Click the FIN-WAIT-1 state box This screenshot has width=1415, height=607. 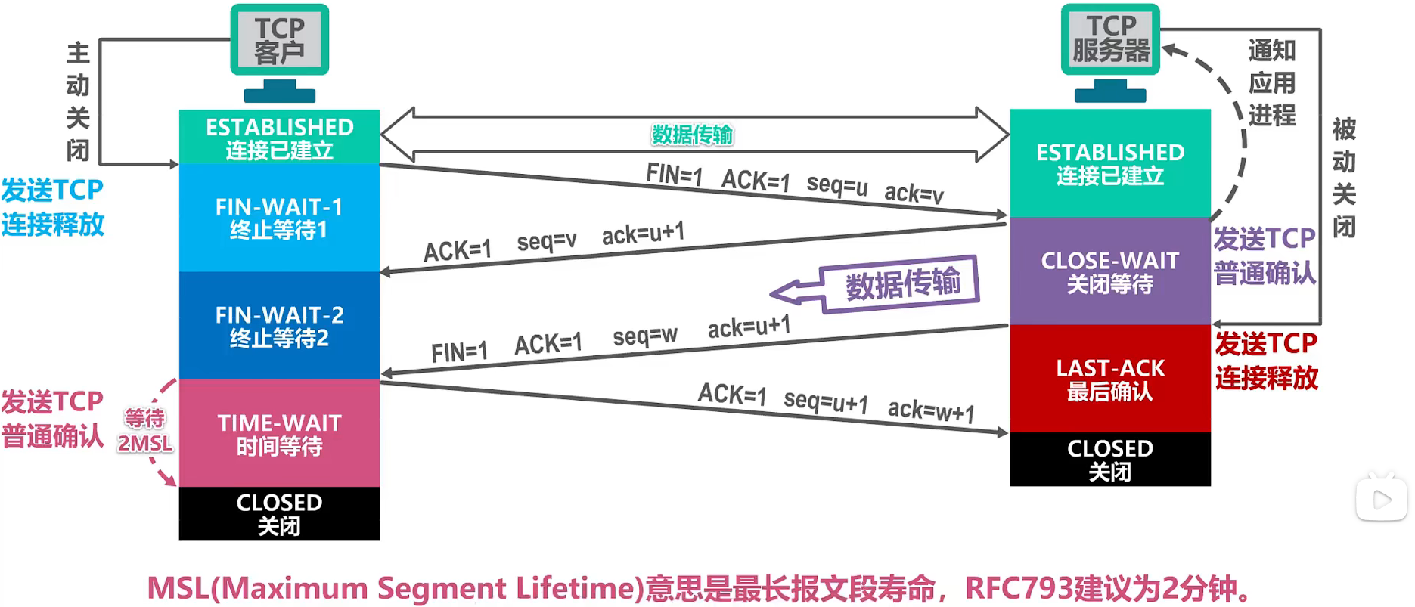tap(279, 218)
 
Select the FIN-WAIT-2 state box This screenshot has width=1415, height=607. tap(279, 326)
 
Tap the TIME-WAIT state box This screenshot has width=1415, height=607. tap(279, 433)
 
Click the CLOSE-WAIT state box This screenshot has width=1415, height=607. tap(1109, 271)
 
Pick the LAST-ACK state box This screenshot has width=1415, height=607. tap(1109, 379)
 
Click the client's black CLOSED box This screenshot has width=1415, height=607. tap(279, 514)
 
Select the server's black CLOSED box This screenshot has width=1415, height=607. tap(1109, 459)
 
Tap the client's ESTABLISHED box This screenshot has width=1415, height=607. tap(279, 137)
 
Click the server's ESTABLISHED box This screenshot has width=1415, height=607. tap(1109, 163)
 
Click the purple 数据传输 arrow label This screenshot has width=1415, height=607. tap(901, 283)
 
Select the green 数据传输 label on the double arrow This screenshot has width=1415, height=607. tap(692, 135)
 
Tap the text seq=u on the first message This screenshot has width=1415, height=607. tap(836, 184)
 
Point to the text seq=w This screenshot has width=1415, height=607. tap(644, 335)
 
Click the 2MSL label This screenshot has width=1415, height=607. tap(144, 443)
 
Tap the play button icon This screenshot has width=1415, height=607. tap(1381, 499)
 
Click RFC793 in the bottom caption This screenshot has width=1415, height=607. tap(1019, 588)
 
